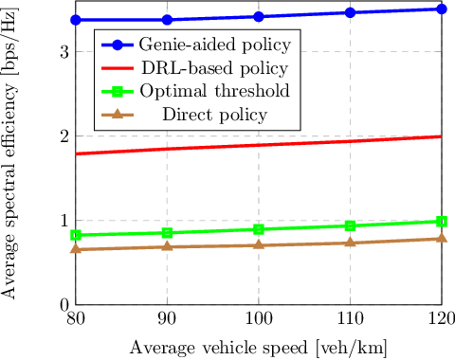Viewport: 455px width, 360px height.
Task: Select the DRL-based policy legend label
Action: tap(213, 69)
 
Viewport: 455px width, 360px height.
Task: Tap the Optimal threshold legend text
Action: tap(213, 92)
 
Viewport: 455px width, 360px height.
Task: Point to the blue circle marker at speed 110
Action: tap(351, 12)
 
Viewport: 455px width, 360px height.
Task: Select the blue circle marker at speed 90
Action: tap(168, 20)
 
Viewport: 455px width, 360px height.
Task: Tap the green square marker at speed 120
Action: tap(442, 221)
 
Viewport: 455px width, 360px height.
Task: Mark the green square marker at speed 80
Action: tap(77, 235)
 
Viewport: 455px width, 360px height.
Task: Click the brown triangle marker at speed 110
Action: tap(351, 243)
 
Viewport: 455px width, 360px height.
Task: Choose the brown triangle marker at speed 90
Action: tap(168, 247)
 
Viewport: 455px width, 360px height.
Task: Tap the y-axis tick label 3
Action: tap(62, 52)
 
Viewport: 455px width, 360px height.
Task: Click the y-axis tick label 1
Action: tap(62, 221)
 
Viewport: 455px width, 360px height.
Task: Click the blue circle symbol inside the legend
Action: tap(118, 45)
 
